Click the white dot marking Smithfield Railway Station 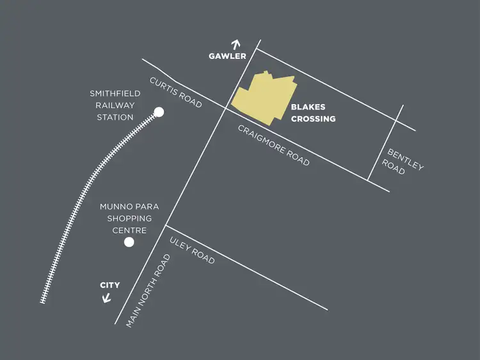(159, 113)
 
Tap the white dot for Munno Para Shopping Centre (129, 242)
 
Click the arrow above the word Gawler (236, 45)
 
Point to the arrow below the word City (107, 297)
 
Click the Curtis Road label (176, 93)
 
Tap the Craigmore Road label (273, 145)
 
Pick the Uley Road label (192, 250)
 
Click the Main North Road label (148, 291)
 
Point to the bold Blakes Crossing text (313, 113)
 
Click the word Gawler (227, 56)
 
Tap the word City (109, 285)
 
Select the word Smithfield (115, 94)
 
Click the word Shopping (129, 219)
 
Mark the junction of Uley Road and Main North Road (166, 226)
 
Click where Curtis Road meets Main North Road (223, 108)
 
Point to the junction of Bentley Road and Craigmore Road (369, 180)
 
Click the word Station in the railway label (115, 117)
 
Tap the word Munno (116, 207)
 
